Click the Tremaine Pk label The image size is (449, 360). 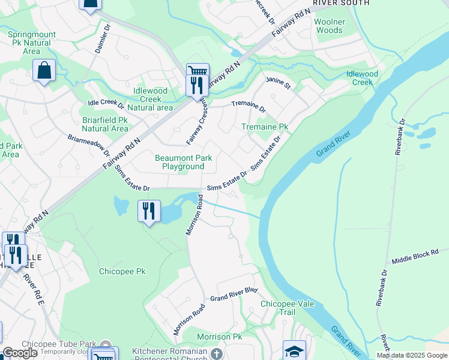click(265, 127)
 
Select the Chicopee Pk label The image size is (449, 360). click(122, 271)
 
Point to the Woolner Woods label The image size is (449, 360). click(330, 26)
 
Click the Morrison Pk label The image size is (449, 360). click(220, 337)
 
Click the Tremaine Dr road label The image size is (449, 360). click(248, 106)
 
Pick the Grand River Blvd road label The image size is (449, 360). click(234, 295)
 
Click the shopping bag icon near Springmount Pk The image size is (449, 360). click(44, 71)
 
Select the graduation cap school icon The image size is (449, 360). click(294, 350)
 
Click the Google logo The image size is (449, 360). click(20, 353)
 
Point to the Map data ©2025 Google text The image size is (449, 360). click(412, 355)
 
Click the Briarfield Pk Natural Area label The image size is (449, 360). click(105, 124)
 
